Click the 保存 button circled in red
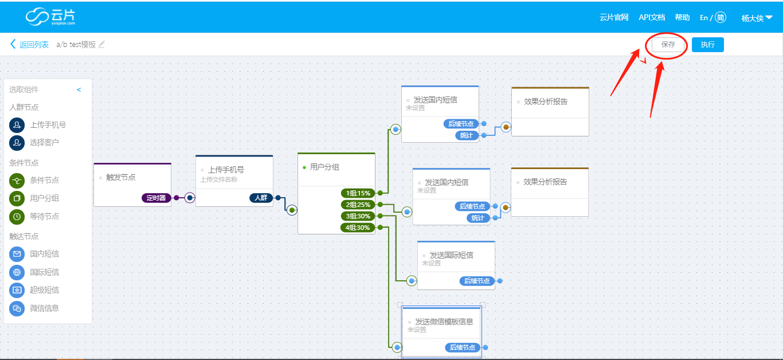[668, 45]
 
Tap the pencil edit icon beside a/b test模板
[101, 44]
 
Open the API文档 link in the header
[652, 17]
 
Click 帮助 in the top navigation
[682, 17]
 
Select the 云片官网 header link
[614, 17]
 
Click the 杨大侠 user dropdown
[757, 18]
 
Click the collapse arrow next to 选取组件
[79, 90]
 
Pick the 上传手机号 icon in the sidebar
[17, 125]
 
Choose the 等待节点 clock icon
[17, 217]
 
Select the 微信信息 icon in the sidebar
[17, 308]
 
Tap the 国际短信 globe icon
[17, 272]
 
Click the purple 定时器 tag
[156, 198]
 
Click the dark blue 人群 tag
[261, 198]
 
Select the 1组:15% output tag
[358, 193]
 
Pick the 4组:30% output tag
[358, 228]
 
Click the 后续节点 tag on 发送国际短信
[477, 281]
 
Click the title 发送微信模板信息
[444, 322]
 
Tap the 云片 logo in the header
[50, 17]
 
